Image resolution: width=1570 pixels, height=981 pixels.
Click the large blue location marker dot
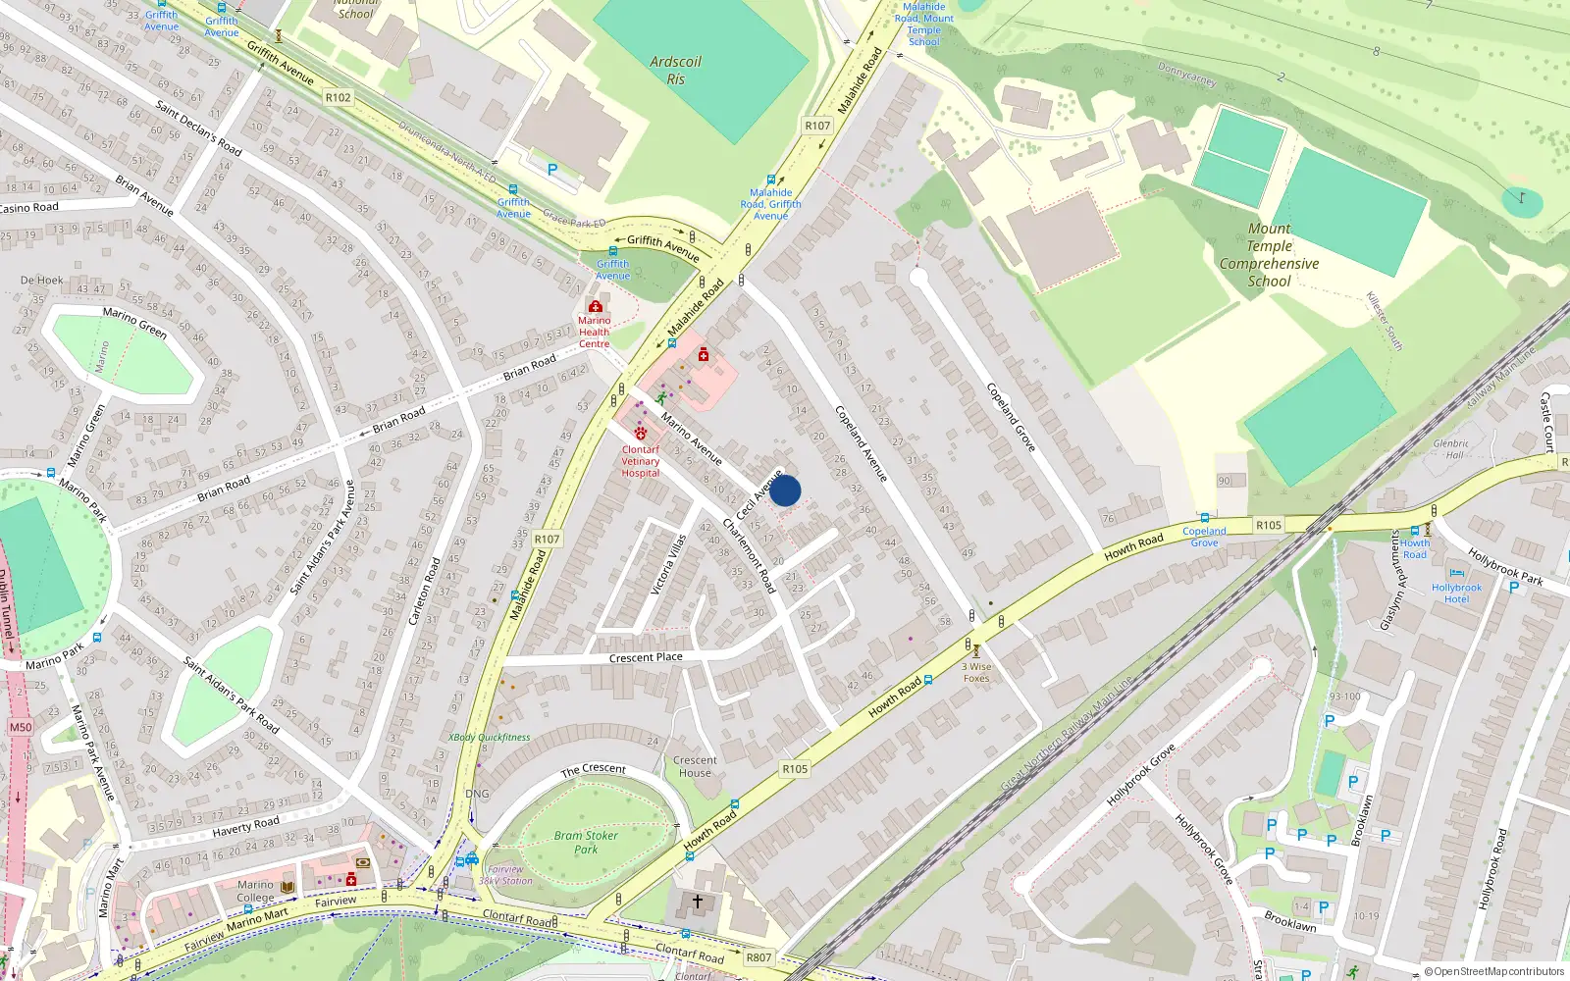785,490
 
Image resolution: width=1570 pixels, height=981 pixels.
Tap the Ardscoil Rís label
675,70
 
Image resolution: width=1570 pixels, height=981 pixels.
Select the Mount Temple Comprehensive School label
1269,255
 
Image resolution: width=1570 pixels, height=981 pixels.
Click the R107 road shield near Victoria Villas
547,539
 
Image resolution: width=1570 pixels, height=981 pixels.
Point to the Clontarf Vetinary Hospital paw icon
641,433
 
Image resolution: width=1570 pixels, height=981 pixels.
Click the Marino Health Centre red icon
595,307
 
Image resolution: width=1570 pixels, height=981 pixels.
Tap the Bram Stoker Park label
586,843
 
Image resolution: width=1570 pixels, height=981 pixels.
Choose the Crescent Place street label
646,657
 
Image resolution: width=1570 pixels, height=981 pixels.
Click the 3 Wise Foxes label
976,672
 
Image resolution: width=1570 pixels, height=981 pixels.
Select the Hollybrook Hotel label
1456,594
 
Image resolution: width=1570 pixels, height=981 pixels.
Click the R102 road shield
338,97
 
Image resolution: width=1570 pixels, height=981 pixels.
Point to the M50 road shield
21,727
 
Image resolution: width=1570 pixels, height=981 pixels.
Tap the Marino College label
255,891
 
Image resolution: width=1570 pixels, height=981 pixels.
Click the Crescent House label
695,766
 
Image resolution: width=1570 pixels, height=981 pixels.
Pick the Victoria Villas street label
668,564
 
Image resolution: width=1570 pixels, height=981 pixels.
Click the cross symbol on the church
698,901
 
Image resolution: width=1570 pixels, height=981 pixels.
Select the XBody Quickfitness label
489,737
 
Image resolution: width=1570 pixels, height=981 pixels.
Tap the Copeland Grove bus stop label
1204,537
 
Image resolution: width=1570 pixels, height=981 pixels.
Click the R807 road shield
759,957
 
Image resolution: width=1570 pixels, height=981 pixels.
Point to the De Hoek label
41,281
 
